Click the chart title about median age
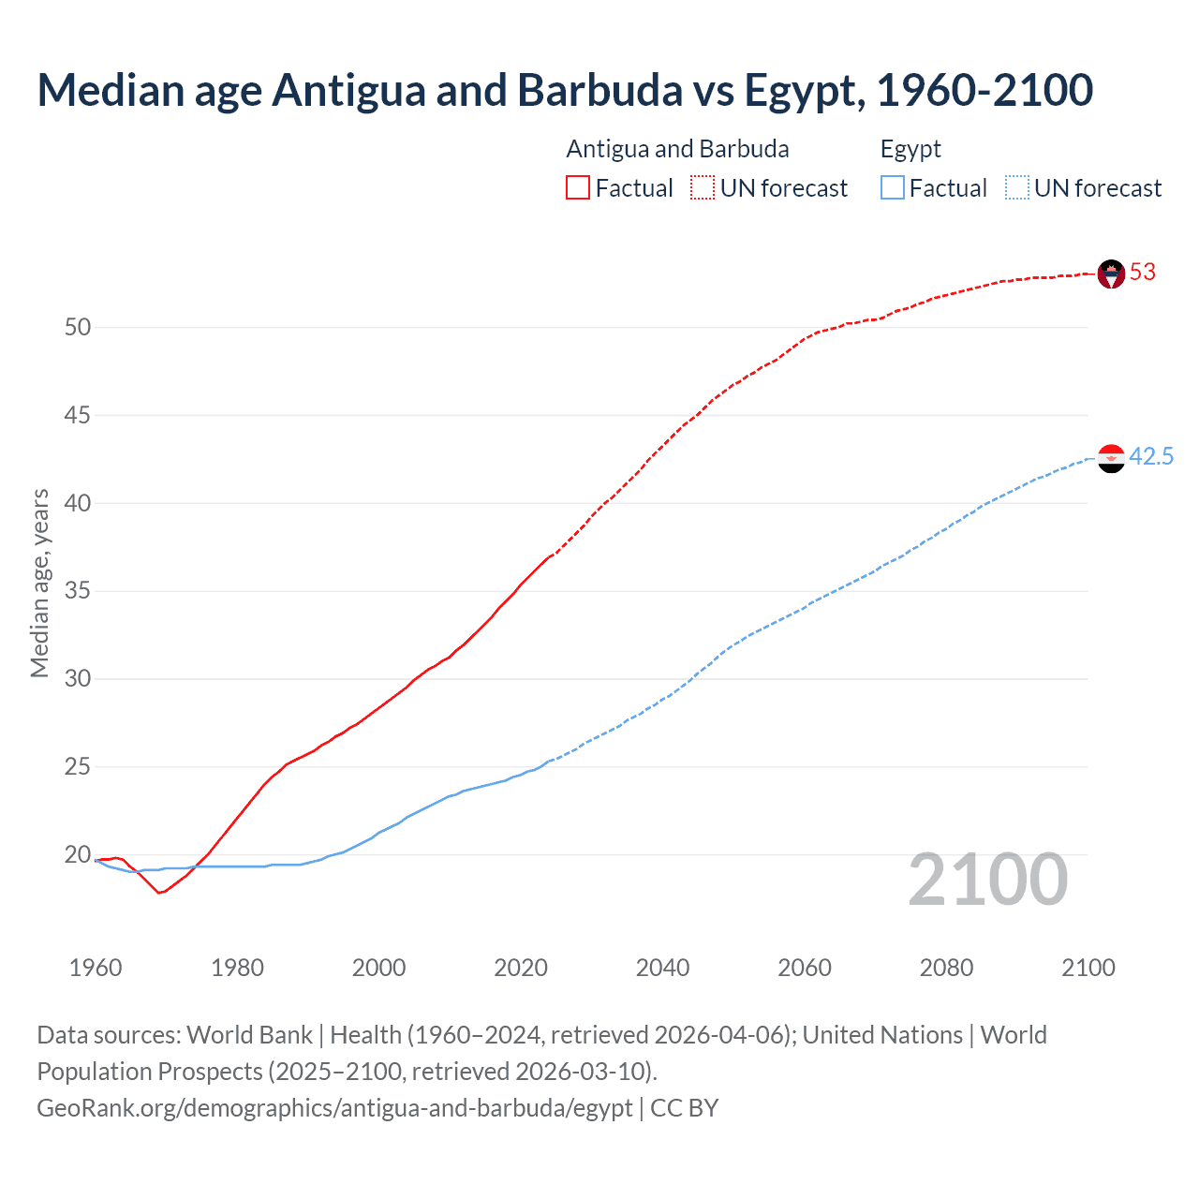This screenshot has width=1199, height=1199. [565, 90]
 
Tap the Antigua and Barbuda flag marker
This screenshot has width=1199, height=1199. [1111, 274]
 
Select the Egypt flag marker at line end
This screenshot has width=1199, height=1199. [1111, 458]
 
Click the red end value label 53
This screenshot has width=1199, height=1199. [1143, 273]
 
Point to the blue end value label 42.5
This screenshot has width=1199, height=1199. [1151, 457]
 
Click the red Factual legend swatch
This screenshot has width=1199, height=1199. [578, 188]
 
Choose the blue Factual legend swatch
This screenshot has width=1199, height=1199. [893, 188]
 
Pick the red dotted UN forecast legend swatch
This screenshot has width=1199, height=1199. [703, 188]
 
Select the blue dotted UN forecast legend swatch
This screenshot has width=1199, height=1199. [1017, 188]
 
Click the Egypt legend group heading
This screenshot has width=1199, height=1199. [910, 150]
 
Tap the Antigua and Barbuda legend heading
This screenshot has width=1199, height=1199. [677, 150]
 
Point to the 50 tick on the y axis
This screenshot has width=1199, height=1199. [78, 328]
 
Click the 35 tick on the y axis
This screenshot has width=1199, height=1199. [78, 591]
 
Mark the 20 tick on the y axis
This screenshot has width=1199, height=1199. [78, 855]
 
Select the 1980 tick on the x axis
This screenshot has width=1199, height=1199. [237, 968]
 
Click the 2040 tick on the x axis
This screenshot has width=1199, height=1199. [662, 968]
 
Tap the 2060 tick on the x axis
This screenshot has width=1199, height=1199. [805, 968]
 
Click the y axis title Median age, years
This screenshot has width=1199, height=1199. [39, 583]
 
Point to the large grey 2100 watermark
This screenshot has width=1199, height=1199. [988, 880]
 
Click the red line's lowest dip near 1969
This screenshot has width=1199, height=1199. [159, 893]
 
